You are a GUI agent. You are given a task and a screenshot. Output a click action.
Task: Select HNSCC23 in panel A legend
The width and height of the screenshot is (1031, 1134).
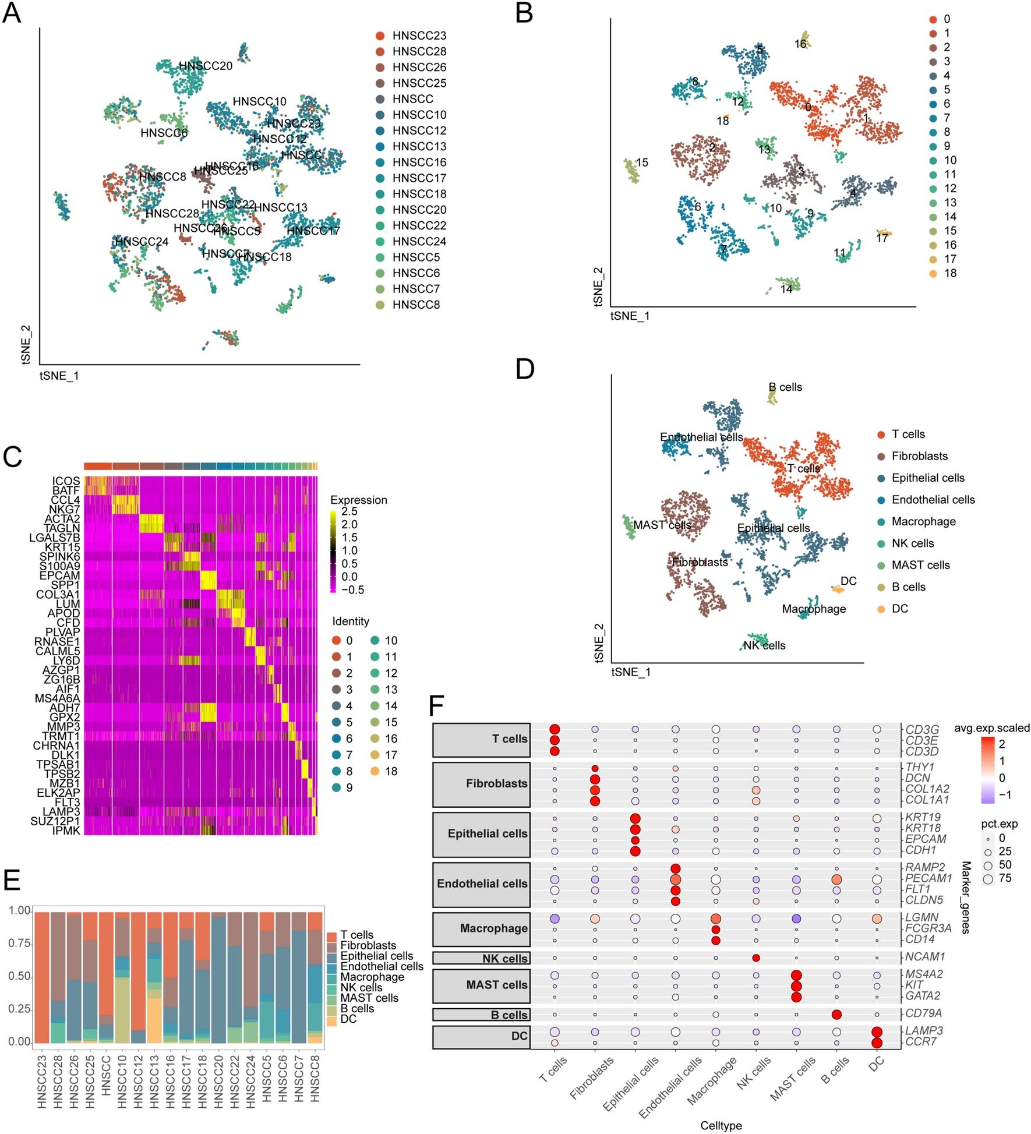418,36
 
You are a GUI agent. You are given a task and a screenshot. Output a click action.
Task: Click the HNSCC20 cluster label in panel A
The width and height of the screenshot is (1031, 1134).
205,66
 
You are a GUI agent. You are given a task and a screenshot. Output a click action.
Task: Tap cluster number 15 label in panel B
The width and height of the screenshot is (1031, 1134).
641,162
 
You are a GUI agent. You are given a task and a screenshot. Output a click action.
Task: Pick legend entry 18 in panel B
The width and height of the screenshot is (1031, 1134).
949,273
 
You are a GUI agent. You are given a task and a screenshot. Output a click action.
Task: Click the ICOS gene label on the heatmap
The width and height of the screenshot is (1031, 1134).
66,481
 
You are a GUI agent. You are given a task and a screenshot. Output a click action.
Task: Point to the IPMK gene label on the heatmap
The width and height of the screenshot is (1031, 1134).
65,831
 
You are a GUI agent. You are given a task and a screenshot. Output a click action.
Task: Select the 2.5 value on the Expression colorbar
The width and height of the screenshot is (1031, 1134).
349,511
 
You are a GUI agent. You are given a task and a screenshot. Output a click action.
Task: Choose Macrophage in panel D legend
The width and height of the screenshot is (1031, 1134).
923,521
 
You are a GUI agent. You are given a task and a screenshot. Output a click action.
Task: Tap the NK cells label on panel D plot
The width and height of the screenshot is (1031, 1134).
764,645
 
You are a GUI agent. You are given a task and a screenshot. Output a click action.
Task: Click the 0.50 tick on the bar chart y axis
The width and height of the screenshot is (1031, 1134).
19,976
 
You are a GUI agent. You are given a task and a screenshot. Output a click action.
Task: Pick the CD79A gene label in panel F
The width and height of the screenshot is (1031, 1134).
923,1013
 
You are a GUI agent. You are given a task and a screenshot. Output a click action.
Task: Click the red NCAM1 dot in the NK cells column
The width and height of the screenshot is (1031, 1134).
755,958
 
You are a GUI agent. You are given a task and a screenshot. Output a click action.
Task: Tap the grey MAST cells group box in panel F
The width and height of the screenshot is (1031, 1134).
481,985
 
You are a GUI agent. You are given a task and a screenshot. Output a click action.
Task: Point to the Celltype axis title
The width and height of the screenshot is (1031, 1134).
721,1125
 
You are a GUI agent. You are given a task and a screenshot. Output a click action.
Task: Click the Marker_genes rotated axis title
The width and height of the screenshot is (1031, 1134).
965,898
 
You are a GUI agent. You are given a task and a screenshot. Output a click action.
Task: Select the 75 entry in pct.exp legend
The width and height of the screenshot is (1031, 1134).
1004,878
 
